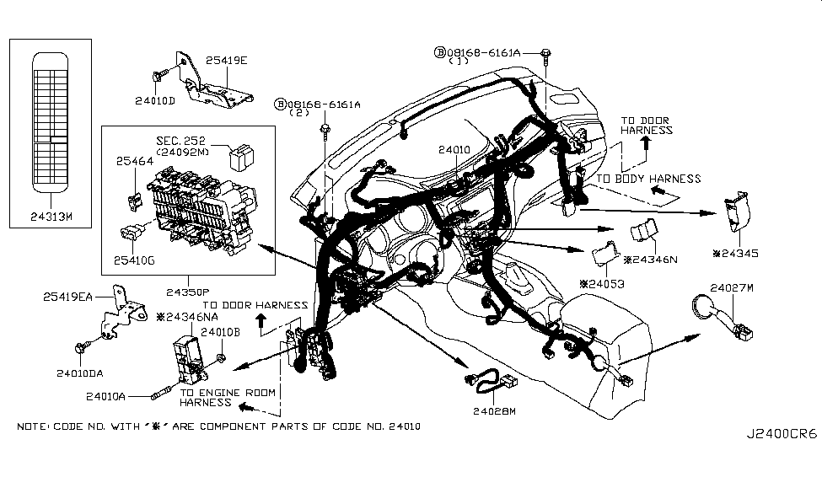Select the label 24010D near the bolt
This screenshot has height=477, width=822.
[x=154, y=101]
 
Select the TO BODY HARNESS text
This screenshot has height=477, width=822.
[x=648, y=179]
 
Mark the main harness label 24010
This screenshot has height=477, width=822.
[x=454, y=149]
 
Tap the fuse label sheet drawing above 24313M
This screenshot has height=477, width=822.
[x=51, y=120]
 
